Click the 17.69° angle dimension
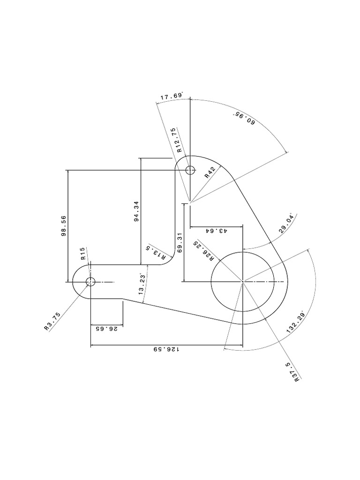click(171, 97)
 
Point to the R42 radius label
click(210, 172)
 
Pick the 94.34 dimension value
click(136, 211)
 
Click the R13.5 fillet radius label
click(156, 251)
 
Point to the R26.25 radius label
click(204, 251)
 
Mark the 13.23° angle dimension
click(142, 284)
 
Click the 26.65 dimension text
click(106, 329)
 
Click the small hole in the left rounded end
click(90, 282)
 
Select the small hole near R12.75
click(190, 170)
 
